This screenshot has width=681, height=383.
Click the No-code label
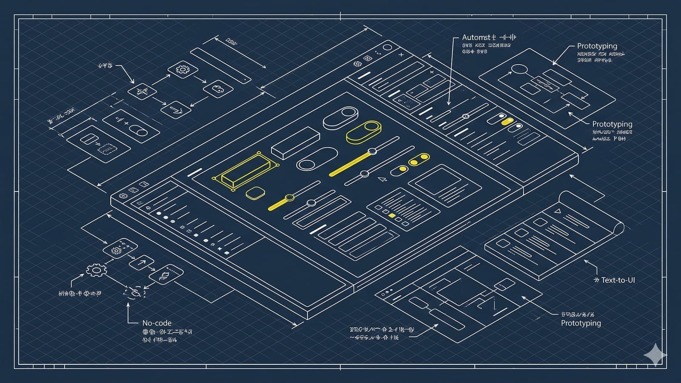(157, 323)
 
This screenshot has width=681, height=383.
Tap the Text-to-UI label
(618, 280)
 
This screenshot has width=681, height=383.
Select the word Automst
(476, 37)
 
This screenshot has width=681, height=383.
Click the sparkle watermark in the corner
(655, 354)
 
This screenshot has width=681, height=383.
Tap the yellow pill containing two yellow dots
(419, 160)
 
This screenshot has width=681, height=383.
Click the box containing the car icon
(218, 89)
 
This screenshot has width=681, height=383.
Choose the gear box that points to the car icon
(183, 69)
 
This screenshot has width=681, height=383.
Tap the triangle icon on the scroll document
(557, 211)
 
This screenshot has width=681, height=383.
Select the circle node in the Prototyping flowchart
(519, 69)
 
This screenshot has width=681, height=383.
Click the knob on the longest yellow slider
(372, 151)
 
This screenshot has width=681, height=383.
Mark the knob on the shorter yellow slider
(289, 197)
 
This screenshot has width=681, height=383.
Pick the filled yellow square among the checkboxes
(392, 216)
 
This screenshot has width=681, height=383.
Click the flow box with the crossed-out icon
(142, 91)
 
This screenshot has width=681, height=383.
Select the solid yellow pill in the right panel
(507, 122)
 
